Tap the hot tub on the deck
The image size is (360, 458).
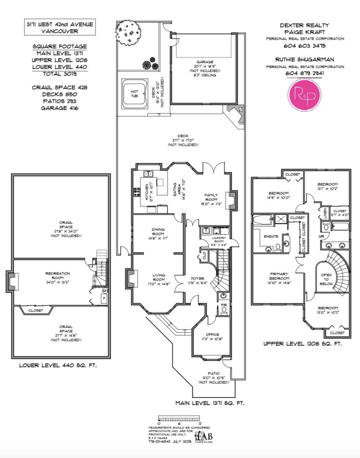(134, 93)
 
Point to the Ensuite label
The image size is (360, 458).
(271, 235)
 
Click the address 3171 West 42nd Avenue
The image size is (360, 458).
(53, 25)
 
